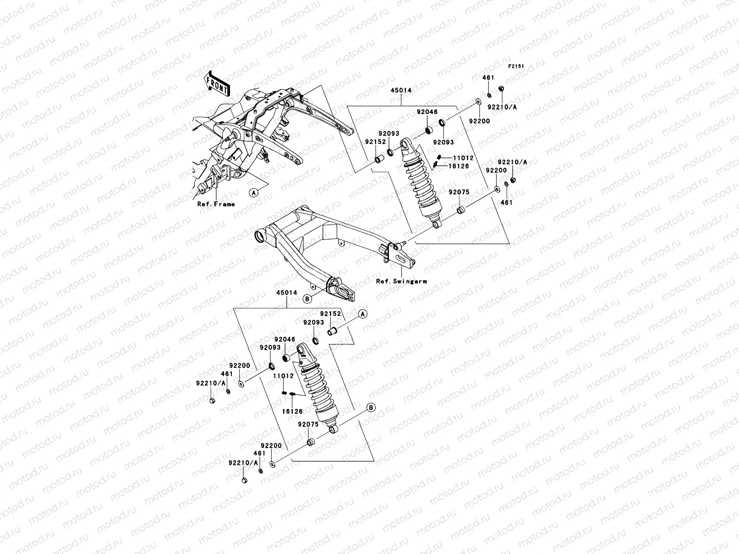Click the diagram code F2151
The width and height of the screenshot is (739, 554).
517,66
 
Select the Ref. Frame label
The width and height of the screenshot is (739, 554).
216,204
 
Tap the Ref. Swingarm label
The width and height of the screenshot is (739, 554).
401,281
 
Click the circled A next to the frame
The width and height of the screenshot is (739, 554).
253,193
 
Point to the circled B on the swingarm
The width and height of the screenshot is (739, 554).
307,299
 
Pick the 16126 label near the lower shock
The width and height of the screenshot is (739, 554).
293,410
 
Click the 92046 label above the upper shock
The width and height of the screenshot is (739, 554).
426,112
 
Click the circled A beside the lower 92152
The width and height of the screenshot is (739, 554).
363,314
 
